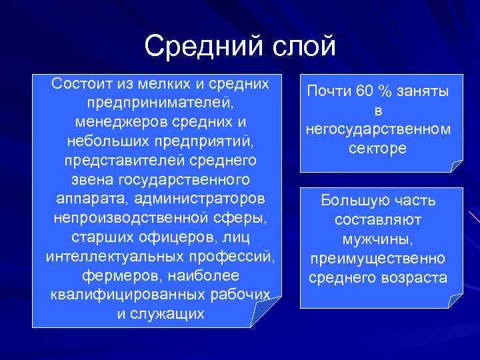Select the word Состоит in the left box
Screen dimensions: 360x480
pyautogui.click(x=83, y=85)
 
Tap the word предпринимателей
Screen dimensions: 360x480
pyautogui.click(x=160, y=104)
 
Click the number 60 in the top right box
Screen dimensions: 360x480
pyautogui.click(x=367, y=91)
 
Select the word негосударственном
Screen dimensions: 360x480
pyautogui.click(x=377, y=129)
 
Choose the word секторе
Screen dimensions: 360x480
pyautogui.click(x=377, y=148)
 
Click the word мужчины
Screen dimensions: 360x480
pyautogui.click(x=377, y=238)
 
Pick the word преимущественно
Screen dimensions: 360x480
pyautogui.click(x=377, y=257)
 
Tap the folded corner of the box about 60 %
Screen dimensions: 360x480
pyautogui.click(x=456, y=167)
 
